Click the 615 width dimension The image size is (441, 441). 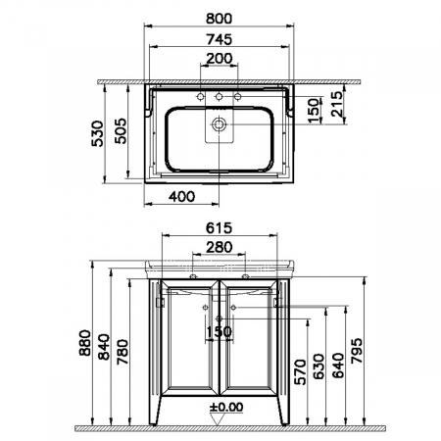click(220, 226)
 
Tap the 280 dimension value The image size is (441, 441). click(220, 247)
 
